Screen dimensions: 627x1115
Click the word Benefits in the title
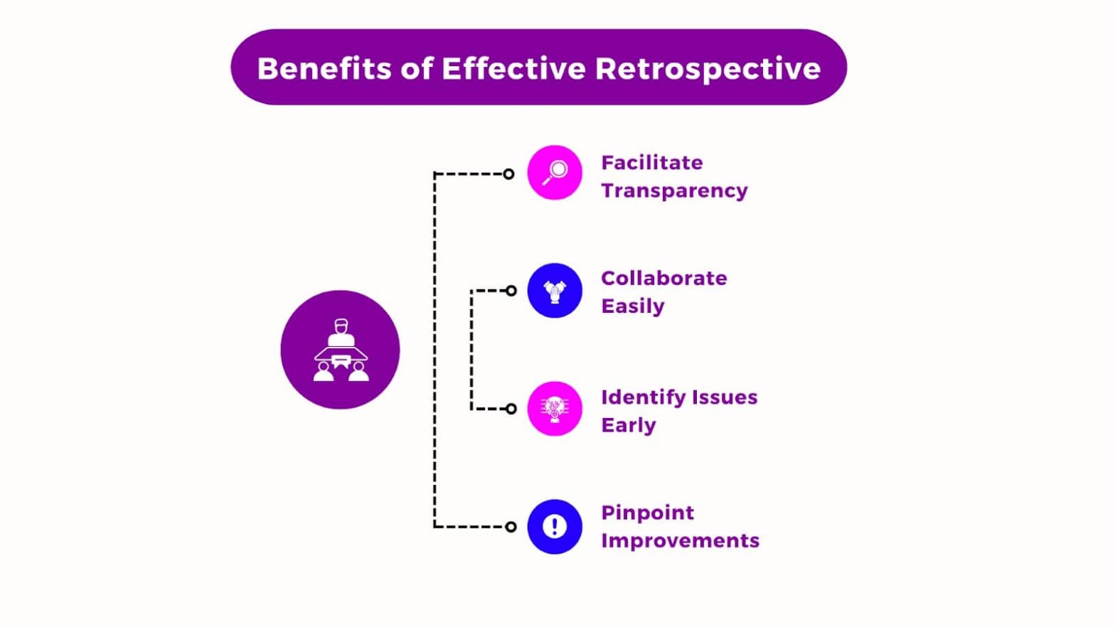click(324, 69)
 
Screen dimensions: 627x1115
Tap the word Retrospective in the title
click(708, 69)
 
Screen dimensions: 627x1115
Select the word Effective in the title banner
click(513, 69)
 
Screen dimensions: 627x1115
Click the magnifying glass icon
click(555, 173)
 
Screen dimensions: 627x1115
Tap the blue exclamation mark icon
click(555, 527)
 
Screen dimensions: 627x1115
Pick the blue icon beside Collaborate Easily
click(555, 291)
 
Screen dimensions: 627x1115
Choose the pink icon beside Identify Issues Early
click(555, 409)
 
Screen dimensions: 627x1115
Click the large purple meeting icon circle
click(340, 350)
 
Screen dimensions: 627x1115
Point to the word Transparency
click(674, 191)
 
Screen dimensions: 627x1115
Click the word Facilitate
click(651, 163)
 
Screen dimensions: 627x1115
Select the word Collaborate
click(663, 278)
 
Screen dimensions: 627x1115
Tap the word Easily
click(632, 306)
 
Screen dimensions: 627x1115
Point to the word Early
click(628, 425)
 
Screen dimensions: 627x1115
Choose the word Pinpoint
click(647, 513)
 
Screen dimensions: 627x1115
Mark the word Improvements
click(680, 541)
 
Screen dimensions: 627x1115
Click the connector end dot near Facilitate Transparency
click(508, 174)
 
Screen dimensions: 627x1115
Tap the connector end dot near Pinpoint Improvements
click(511, 527)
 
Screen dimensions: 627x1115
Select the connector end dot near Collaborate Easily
click(511, 291)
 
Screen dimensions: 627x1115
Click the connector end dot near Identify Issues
click(511, 409)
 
